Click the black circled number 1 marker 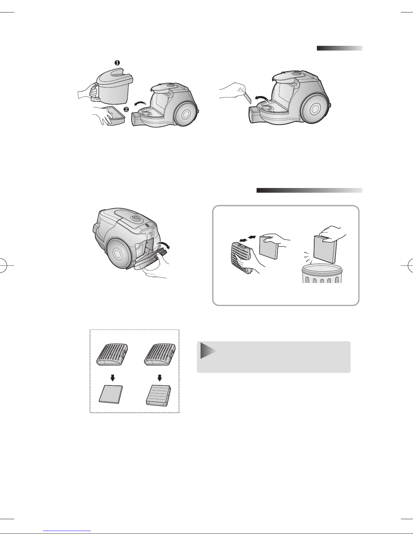pos(117,63)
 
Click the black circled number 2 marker pos(126,109)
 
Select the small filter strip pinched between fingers pos(247,97)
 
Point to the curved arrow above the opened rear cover pos(164,245)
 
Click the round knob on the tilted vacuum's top pos(136,218)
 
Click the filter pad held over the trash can pos(325,249)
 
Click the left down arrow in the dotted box pos(113,378)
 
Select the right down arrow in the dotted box pos(159,378)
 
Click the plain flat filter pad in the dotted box pos(111,394)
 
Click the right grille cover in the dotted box pos(160,354)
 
